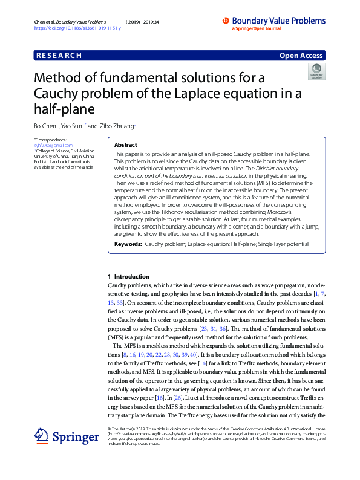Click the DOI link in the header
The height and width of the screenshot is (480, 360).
[77, 28]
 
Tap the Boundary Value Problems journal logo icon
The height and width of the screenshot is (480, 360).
[226, 20]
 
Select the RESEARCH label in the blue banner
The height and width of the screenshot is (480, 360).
[59, 56]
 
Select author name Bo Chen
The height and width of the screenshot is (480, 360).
[44, 126]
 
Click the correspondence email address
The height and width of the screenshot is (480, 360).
[49, 146]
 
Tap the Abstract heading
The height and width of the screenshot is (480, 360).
[126, 146]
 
